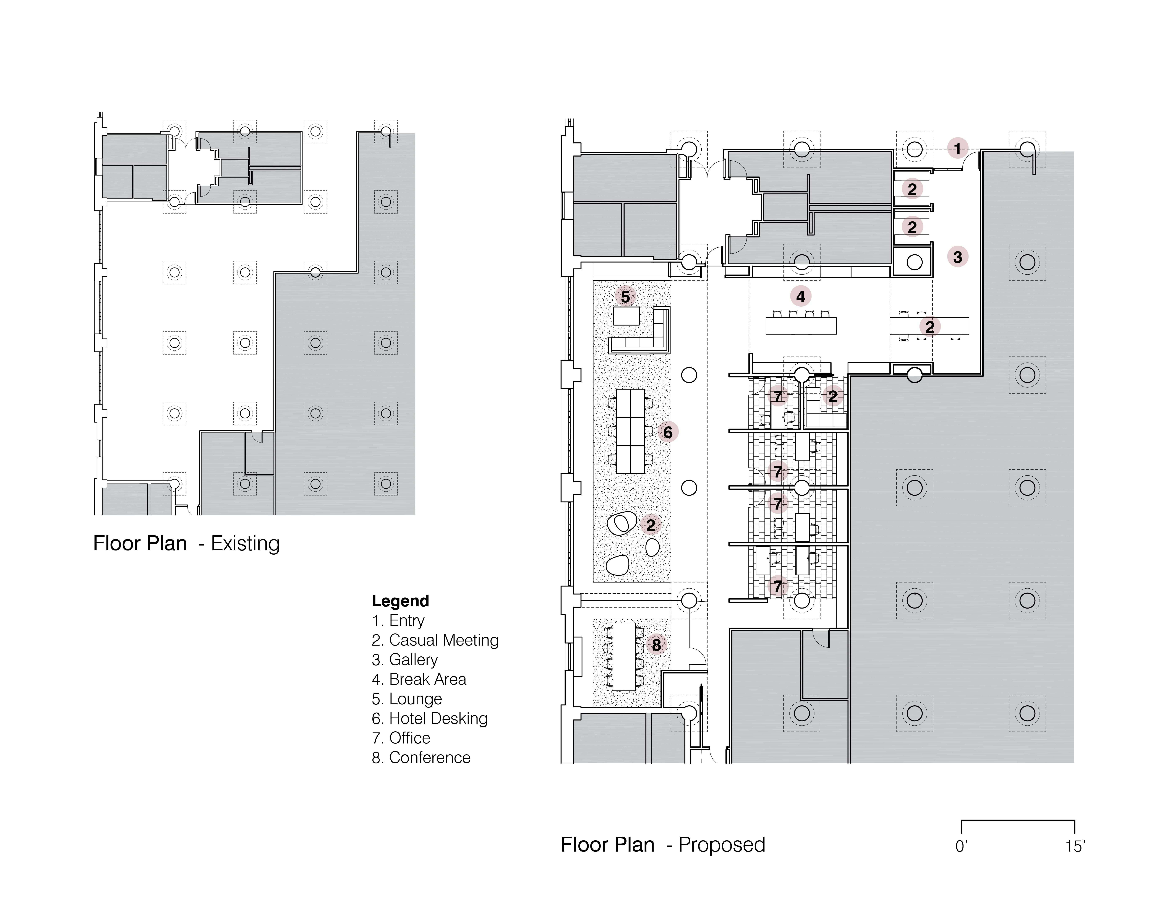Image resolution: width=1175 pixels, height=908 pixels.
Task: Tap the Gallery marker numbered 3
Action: [x=958, y=257]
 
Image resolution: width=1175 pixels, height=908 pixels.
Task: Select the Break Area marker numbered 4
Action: [x=801, y=296]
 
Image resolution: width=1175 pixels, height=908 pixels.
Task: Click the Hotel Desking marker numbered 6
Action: [x=668, y=432]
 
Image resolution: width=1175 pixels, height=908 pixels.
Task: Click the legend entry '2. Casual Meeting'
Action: [x=435, y=640]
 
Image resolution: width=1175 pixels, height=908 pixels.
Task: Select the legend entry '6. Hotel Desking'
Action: [x=430, y=719]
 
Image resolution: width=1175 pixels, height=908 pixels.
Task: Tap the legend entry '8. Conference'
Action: [x=421, y=757]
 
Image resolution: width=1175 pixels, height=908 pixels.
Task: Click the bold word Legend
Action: [x=400, y=601]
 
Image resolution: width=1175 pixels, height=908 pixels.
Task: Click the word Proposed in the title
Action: [x=722, y=844]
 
